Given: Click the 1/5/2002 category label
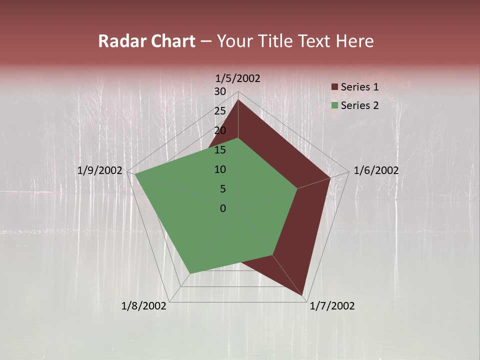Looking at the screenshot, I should coord(238,78).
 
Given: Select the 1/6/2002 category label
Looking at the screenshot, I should coord(376,170).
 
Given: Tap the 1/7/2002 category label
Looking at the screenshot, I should coord(332,306).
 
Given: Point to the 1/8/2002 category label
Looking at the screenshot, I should coord(144,306).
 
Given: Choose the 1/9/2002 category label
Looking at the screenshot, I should coord(100,170).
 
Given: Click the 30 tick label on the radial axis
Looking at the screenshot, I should coord(220,91).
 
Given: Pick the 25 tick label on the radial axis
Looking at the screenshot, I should coord(220,111).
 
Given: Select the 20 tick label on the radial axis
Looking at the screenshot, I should coord(220,130).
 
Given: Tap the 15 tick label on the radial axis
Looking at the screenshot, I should coord(220,150).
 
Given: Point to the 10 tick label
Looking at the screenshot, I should coord(220,169).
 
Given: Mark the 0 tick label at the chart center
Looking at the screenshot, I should coord(223,208).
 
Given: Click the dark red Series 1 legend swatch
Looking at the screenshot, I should coord(335,87).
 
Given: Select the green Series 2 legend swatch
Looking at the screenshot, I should coord(335,105).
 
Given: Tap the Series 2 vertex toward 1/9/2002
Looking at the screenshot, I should coord(135,174).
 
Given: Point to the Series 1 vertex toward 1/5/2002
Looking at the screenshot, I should coord(238,100).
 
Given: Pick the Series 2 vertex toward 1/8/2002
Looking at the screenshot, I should coord(190,273).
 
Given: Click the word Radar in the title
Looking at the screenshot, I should coord(120,41).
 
